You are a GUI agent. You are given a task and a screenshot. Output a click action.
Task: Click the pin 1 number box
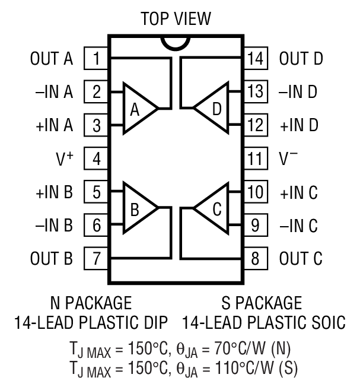pos(96,59)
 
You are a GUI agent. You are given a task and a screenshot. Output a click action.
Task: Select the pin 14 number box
pos(255,59)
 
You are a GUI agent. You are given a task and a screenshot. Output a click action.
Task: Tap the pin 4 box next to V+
pos(96,158)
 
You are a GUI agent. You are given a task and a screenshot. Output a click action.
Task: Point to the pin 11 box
pos(255,158)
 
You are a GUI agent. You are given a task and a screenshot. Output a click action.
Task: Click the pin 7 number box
pos(96,259)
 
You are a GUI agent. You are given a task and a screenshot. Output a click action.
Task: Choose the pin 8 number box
pos(255,259)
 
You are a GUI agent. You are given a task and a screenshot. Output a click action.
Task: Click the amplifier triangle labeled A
pos(138,109)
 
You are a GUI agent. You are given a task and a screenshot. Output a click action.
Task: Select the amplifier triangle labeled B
pos(138,208)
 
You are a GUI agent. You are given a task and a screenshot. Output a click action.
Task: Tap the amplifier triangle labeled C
pos(214,208)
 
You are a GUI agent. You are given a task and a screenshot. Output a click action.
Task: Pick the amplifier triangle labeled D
pos(214,109)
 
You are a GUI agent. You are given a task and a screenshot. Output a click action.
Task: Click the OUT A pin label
pos(52,59)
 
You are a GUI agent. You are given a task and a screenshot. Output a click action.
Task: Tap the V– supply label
pos(289,158)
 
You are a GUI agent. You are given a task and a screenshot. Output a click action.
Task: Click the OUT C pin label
pos(301,259)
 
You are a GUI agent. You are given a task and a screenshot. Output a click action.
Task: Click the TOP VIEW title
pos(176,18)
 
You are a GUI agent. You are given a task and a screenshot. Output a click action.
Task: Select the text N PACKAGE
pos(91,303)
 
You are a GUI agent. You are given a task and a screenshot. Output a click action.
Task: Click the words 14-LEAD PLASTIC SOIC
pos(263,323)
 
